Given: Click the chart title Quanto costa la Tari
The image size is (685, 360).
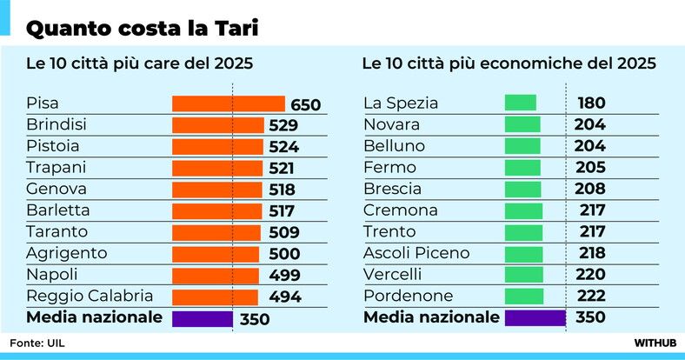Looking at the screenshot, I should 143,28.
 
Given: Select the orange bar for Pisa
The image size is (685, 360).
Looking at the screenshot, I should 229,104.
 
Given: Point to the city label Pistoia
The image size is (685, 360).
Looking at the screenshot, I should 53,146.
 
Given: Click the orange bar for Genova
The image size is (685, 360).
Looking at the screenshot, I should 217,190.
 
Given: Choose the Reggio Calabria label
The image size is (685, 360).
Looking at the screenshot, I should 90,296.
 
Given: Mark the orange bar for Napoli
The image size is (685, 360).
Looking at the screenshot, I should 216,275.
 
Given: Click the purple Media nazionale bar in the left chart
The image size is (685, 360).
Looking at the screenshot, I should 203,318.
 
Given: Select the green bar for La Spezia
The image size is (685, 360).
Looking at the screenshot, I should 521,103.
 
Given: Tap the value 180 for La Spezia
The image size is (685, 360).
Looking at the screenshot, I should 591,103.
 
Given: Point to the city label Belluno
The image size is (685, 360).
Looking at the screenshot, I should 394,146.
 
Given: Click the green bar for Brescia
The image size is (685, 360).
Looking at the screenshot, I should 522,190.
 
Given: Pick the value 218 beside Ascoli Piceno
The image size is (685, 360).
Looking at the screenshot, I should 591,254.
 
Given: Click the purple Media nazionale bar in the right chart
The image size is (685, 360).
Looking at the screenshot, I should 535,318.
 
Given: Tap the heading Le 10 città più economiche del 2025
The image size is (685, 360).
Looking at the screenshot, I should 509,64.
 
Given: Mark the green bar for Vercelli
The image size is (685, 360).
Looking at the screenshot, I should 523,275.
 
